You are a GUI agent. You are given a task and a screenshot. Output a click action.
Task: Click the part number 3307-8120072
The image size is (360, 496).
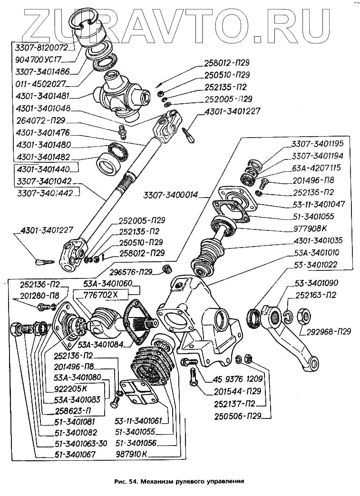(x=42, y=48)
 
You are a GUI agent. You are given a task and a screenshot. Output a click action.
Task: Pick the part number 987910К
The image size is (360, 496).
(x=132, y=454)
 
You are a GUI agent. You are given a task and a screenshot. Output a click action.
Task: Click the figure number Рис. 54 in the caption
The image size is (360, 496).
(x=125, y=481)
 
